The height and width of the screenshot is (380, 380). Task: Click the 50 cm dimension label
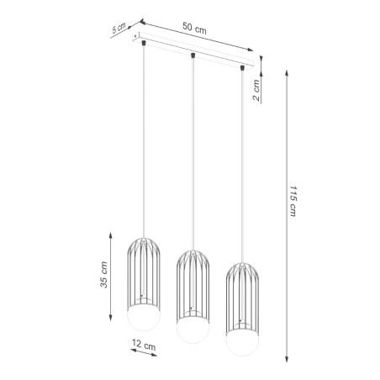(x=195, y=28)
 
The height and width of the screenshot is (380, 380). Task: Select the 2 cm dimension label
(x=257, y=87)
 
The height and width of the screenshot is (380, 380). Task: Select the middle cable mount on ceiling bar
(x=193, y=55)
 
